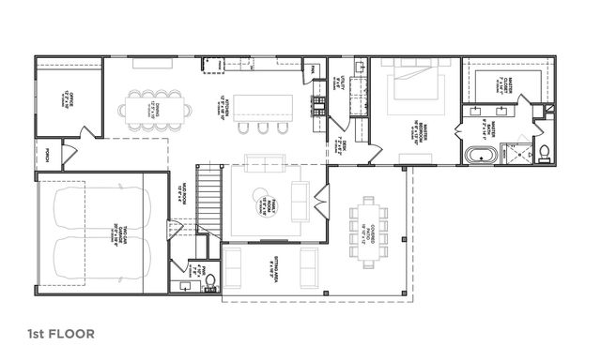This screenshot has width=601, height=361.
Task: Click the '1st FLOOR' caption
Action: coord(60,333)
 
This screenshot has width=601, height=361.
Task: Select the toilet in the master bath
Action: coord(543,153)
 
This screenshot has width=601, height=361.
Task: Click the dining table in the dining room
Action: coord(157,108)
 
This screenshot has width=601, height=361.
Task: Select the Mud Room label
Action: coord(179,197)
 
